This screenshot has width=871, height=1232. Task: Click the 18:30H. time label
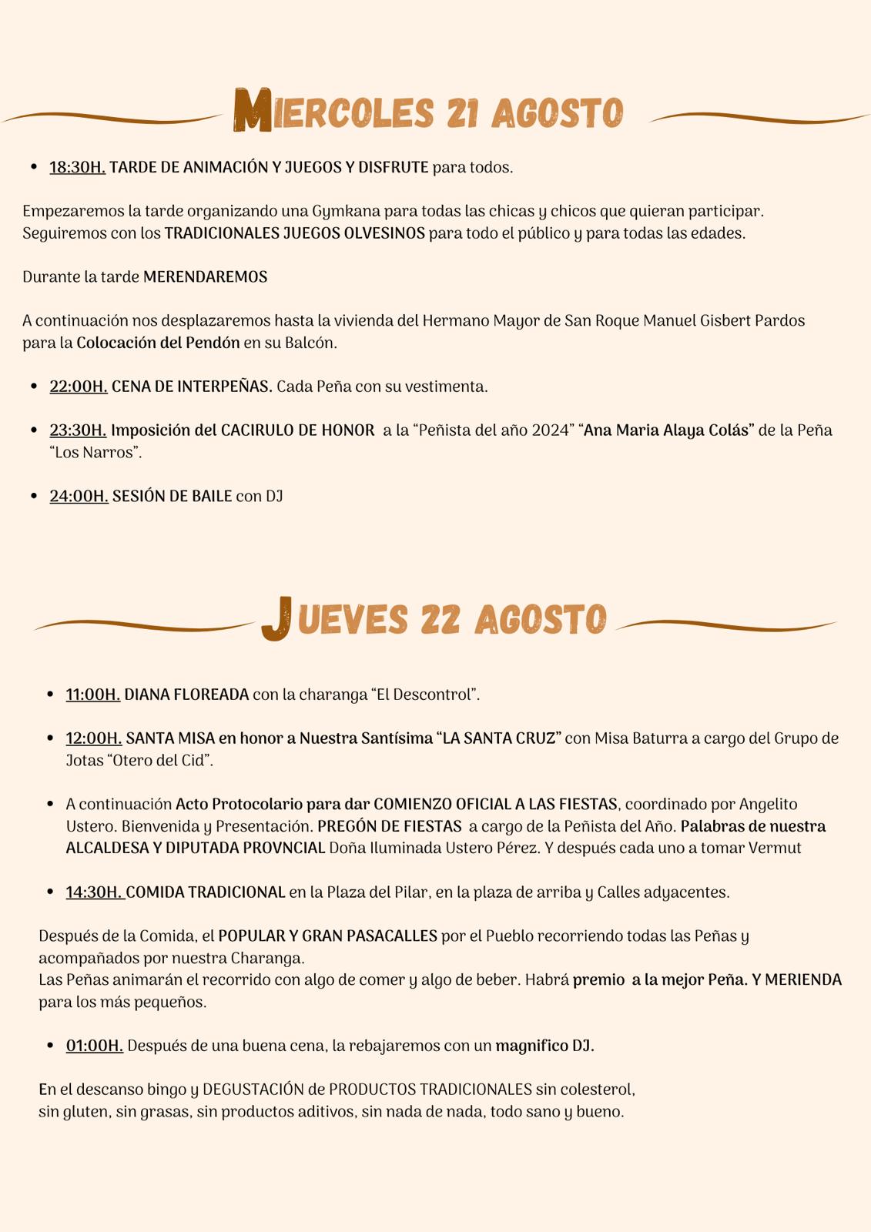[77, 167]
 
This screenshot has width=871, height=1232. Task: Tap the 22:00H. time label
[78, 387]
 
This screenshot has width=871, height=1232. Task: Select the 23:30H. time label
[78, 430]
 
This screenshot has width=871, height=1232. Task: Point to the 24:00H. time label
[79, 496]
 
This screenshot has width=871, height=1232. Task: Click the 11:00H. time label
[93, 695]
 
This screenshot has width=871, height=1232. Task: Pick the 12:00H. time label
[94, 738]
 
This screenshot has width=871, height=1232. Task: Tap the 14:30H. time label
[94, 892]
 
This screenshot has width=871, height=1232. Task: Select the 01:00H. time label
[94, 1046]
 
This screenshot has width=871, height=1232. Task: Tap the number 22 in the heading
[441, 619]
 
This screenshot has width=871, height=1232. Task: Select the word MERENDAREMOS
[205, 277]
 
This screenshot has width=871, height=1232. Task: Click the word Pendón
[213, 343]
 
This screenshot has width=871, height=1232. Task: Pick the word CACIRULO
[256, 430]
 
